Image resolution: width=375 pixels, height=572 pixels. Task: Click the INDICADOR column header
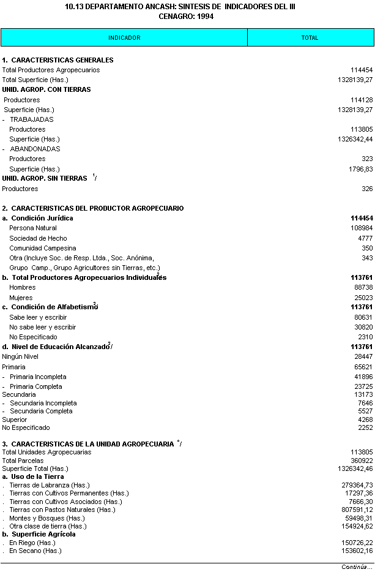click(x=124, y=38)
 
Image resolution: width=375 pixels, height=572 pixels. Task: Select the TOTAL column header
click(x=310, y=38)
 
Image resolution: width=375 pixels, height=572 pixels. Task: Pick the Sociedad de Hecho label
click(x=38, y=238)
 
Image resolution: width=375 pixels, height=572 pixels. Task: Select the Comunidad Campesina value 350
click(x=367, y=248)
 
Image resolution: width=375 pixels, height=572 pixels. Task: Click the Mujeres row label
click(x=21, y=298)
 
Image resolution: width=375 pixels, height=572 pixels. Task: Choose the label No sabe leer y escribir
click(x=43, y=327)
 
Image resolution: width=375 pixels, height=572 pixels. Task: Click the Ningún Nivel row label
click(x=21, y=356)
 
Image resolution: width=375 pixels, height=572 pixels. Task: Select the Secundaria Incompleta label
click(x=43, y=403)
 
